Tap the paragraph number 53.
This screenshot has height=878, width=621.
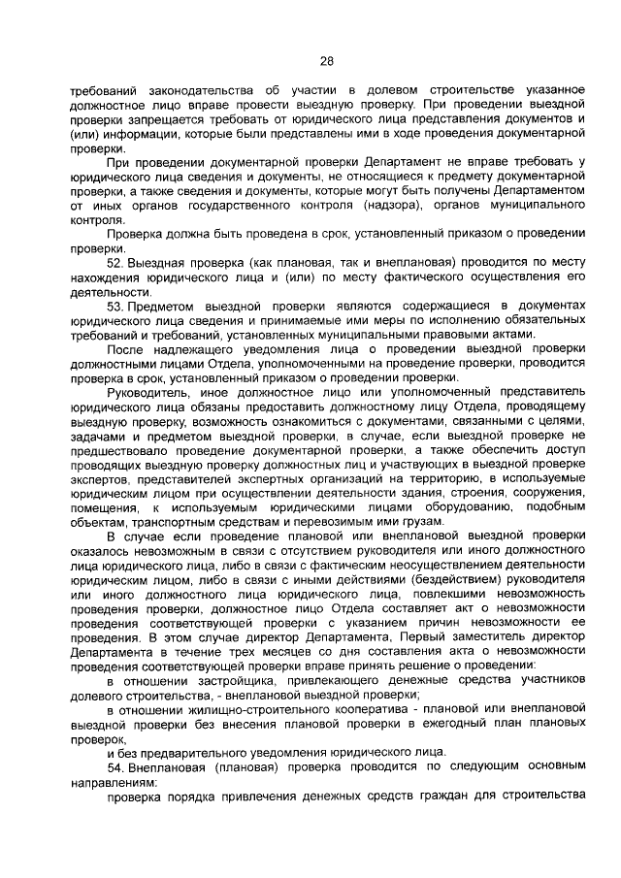pyautogui.click(x=116, y=305)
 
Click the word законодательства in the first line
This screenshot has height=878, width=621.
pyautogui.click(x=189, y=89)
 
